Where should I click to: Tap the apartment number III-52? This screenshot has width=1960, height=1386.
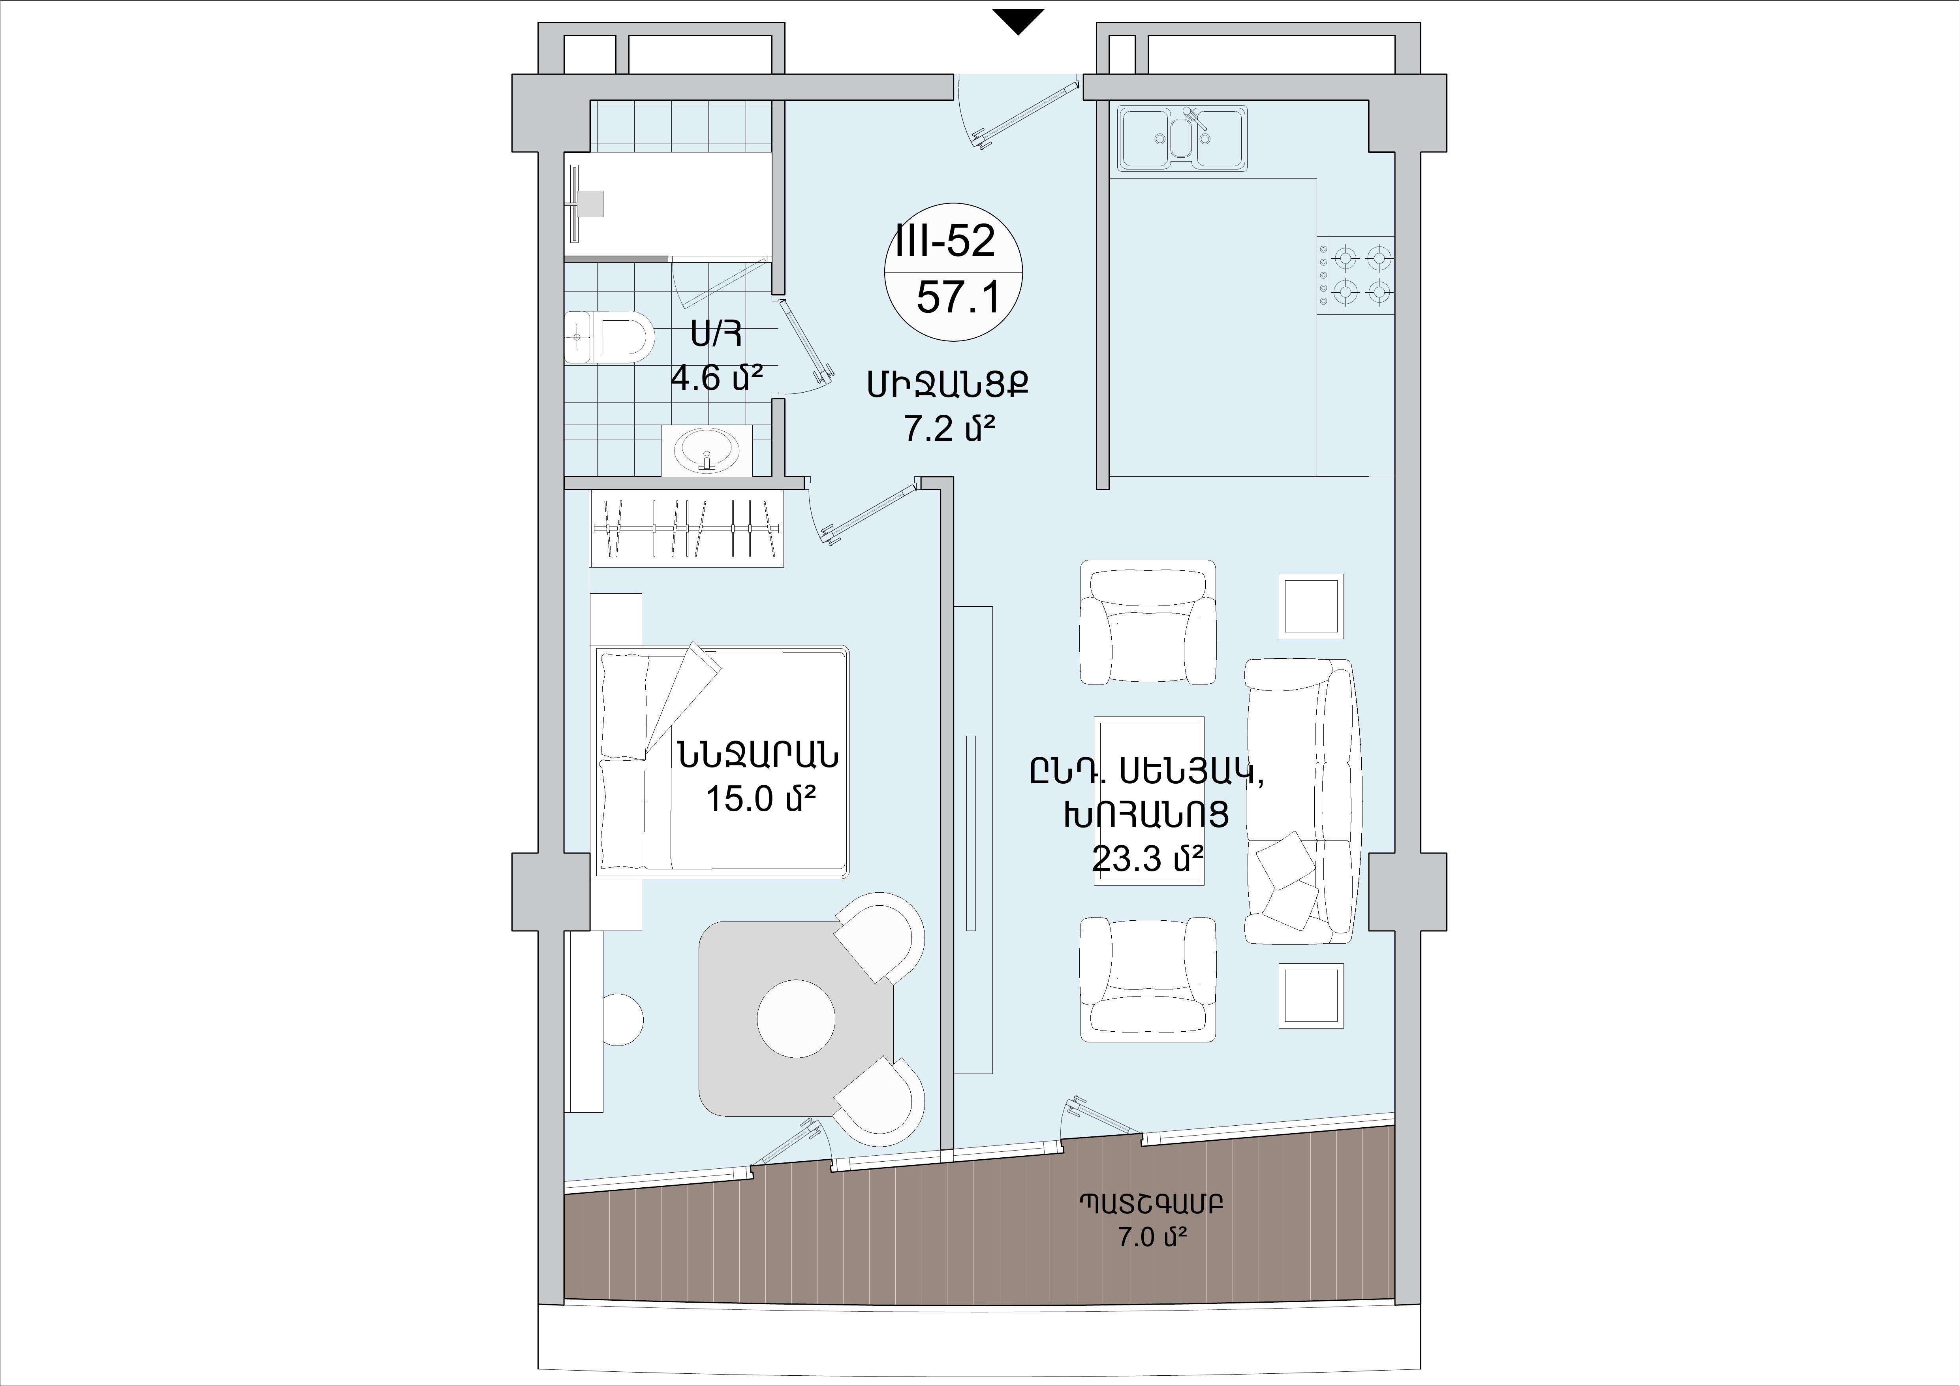pos(945,242)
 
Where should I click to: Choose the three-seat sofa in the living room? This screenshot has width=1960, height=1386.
pos(1299,801)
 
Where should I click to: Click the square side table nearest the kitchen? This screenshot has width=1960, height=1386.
pos(1310,606)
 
